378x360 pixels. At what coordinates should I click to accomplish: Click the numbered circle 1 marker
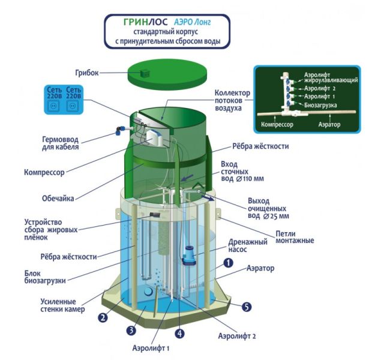[x=228, y=263]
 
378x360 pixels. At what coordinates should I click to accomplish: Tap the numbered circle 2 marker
[x=103, y=317]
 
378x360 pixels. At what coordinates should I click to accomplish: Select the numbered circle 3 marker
[x=131, y=330]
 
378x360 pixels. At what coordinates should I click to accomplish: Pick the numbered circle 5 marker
[x=246, y=307]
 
